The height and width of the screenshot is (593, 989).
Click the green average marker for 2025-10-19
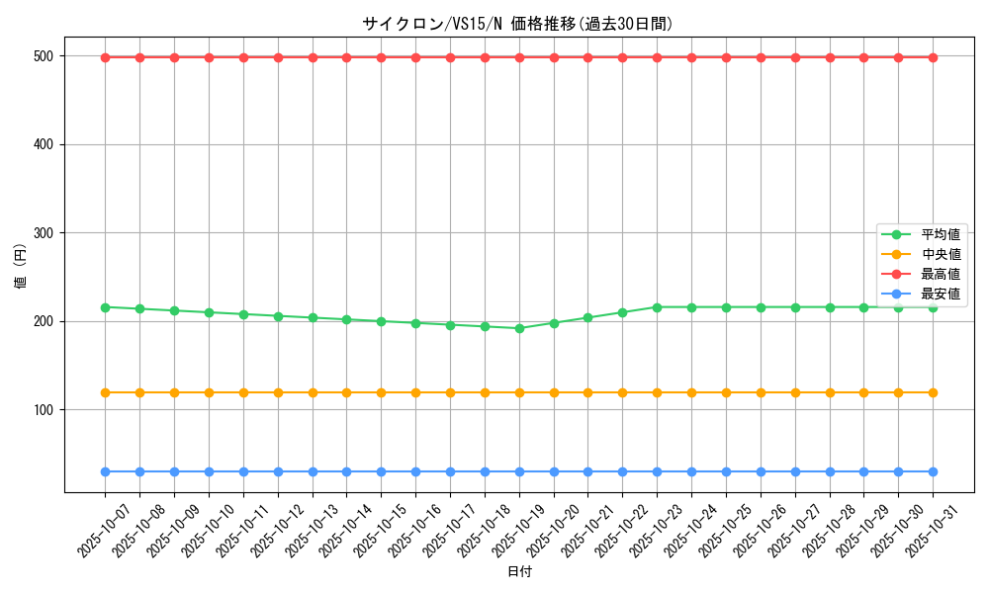(519, 328)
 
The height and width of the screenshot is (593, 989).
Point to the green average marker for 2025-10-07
(105, 307)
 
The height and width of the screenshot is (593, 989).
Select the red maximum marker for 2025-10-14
(346, 57)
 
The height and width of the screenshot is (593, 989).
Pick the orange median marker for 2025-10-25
(726, 392)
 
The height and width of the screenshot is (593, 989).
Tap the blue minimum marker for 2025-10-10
(209, 471)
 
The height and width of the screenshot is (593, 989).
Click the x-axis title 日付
(519, 572)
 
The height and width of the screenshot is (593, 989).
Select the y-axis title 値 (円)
(21, 267)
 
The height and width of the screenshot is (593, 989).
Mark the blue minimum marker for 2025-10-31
(933, 471)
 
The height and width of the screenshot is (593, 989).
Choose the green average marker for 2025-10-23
(657, 307)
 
